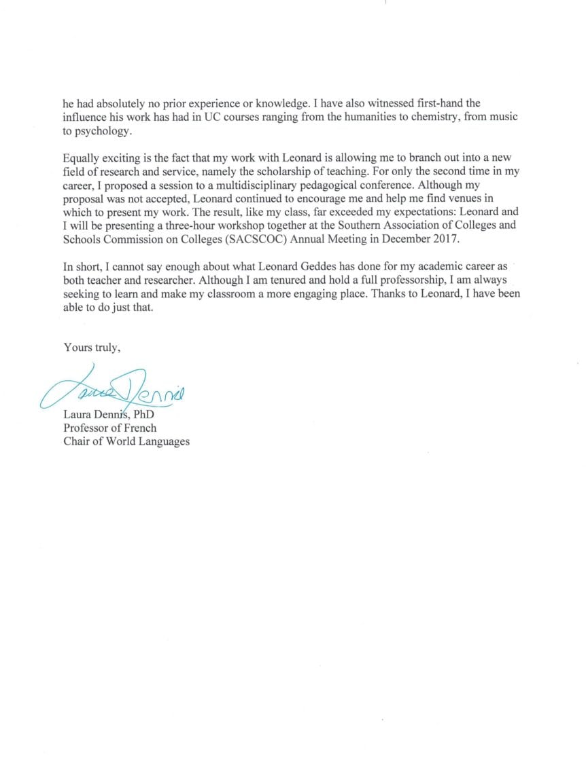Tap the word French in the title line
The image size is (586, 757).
point(139,428)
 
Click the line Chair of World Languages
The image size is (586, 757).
point(126,442)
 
